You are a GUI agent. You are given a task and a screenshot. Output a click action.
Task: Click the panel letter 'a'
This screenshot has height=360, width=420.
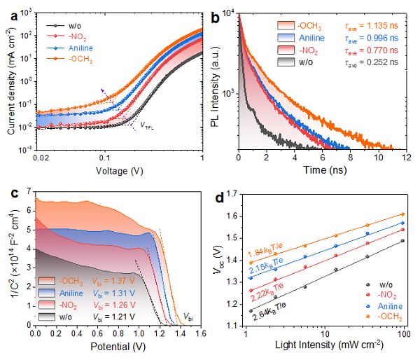coord(8,11)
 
